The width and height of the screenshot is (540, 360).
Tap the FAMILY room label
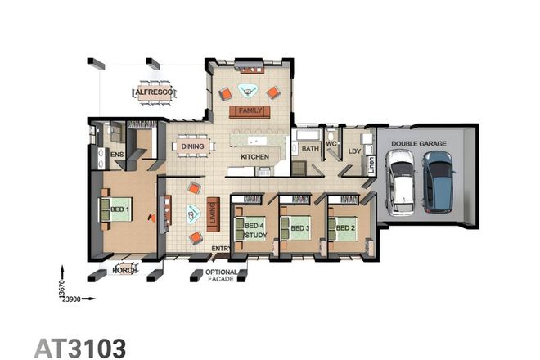251,110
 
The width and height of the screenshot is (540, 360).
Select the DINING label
192,147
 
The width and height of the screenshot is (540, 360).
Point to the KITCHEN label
254,156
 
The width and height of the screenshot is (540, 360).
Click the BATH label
309,149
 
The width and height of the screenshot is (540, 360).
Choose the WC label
331,145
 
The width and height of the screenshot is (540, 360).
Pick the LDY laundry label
354,151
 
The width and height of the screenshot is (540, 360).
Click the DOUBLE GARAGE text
418,143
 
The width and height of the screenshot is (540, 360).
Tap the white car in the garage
401,184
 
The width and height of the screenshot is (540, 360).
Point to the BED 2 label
344,227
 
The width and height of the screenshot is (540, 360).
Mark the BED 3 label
299,227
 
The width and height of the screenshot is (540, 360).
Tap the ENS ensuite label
116,154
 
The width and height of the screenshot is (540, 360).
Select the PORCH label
124,270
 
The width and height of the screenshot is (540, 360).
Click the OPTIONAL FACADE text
222,276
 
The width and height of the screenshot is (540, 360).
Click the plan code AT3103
80,346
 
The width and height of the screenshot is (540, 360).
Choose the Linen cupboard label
371,167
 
